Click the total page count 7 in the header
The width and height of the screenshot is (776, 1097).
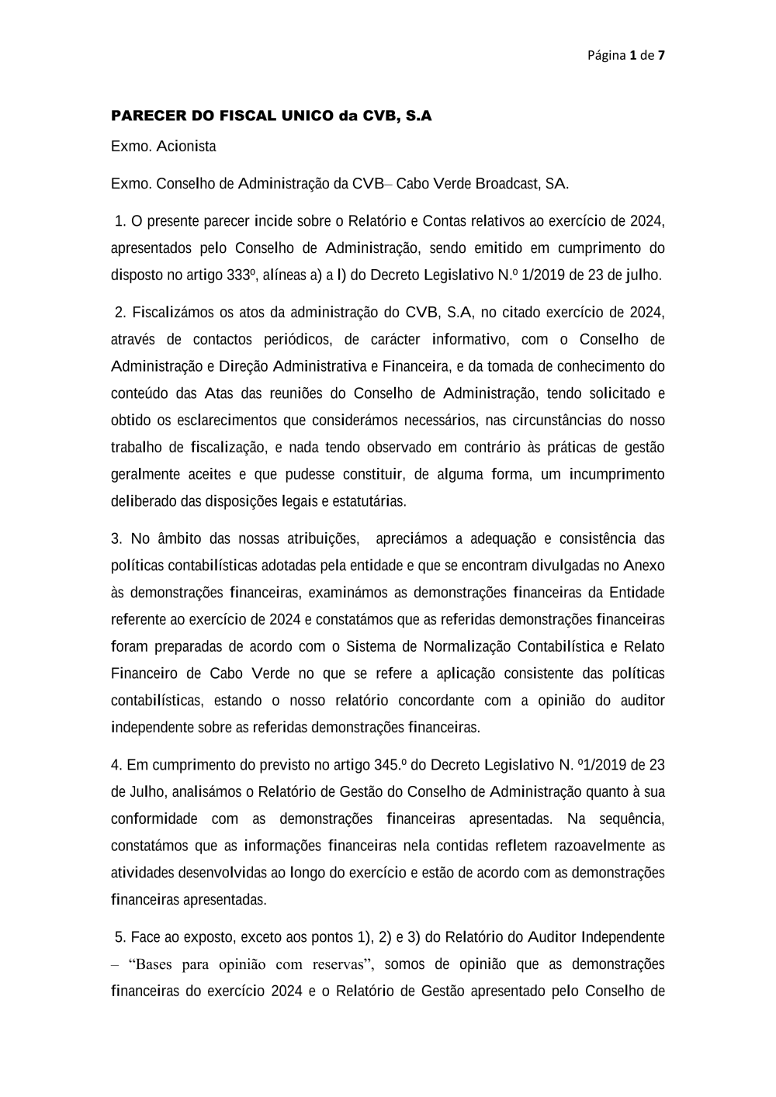(661, 55)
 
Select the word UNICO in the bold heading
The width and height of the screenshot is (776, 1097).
(303, 116)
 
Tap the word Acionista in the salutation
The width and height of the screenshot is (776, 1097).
(186, 147)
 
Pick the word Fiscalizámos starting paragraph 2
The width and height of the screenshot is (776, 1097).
(171, 313)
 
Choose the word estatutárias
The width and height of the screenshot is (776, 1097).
(369, 501)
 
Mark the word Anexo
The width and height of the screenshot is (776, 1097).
(643, 566)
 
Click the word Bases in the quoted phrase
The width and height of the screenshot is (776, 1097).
(157, 964)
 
